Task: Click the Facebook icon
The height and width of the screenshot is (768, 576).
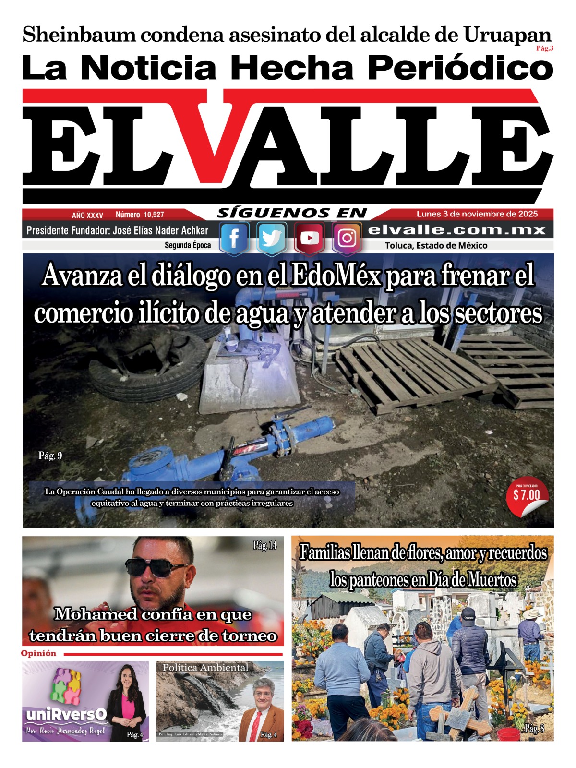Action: tap(234, 238)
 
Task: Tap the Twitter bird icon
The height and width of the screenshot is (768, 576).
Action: tap(272, 238)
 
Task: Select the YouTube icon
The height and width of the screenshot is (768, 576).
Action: tap(309, 238)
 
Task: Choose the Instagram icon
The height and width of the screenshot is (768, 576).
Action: tap(347, 238)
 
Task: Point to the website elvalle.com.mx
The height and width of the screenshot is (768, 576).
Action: tap(456, 230)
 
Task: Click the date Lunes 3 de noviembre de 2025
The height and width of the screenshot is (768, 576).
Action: tap(477, 214)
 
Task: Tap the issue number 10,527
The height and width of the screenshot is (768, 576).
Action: tap(140, 215)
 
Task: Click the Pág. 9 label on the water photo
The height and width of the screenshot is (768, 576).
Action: tap(50, 456)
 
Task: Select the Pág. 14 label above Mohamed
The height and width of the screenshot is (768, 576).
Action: tap(264, 545)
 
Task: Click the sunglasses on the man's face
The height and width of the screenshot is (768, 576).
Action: tap(156, 567)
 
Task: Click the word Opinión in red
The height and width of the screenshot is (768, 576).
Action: tap(38, 653)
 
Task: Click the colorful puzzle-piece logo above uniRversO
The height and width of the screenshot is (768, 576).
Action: tap(65, 685)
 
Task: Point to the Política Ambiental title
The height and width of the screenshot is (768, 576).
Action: tap(205, 667)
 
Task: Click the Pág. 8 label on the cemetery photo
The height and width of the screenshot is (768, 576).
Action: tap(534, 728)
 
